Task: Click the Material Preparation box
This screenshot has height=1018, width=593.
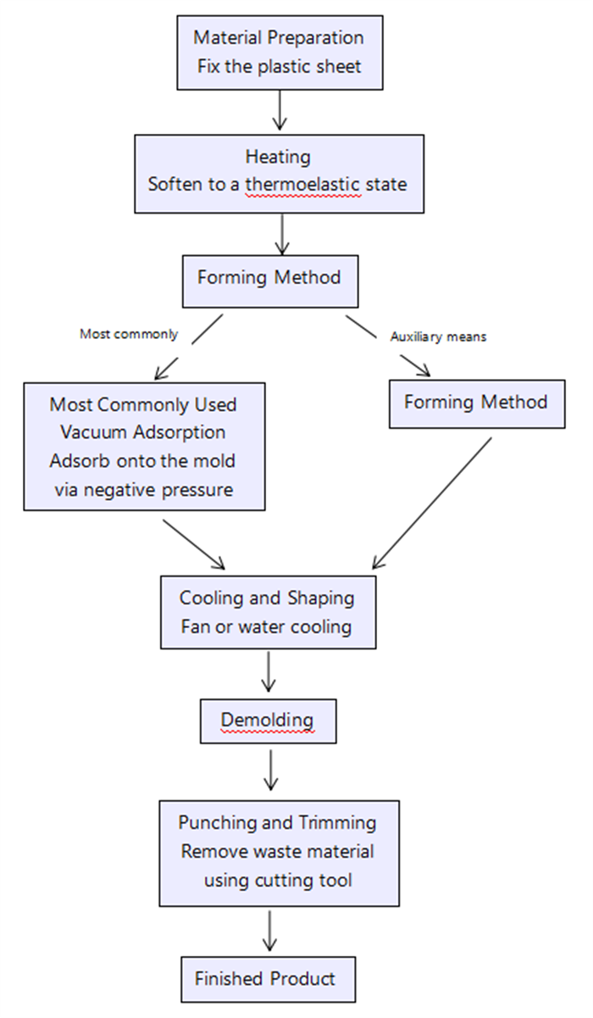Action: (279, 51)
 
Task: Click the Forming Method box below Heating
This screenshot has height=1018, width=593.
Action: (269, 278)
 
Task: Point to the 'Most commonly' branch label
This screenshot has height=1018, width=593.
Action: (129, 334)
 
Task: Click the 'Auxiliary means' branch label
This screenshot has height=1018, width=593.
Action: (438, 337)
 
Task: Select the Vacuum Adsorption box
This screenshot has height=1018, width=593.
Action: (143, 446)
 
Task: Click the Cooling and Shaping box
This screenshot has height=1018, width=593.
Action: (267, 612)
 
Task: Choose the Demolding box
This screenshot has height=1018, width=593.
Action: (268, 720)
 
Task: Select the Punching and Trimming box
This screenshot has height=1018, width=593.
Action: (278, 853)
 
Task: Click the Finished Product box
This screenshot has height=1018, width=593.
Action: (266, 979)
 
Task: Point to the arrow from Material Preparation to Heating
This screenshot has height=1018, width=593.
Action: (279, 110)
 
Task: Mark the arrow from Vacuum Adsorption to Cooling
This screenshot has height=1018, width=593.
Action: (194, 543)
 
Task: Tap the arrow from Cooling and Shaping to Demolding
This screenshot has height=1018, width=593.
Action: (268, 671)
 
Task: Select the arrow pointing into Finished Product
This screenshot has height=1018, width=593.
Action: (269, 930)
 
